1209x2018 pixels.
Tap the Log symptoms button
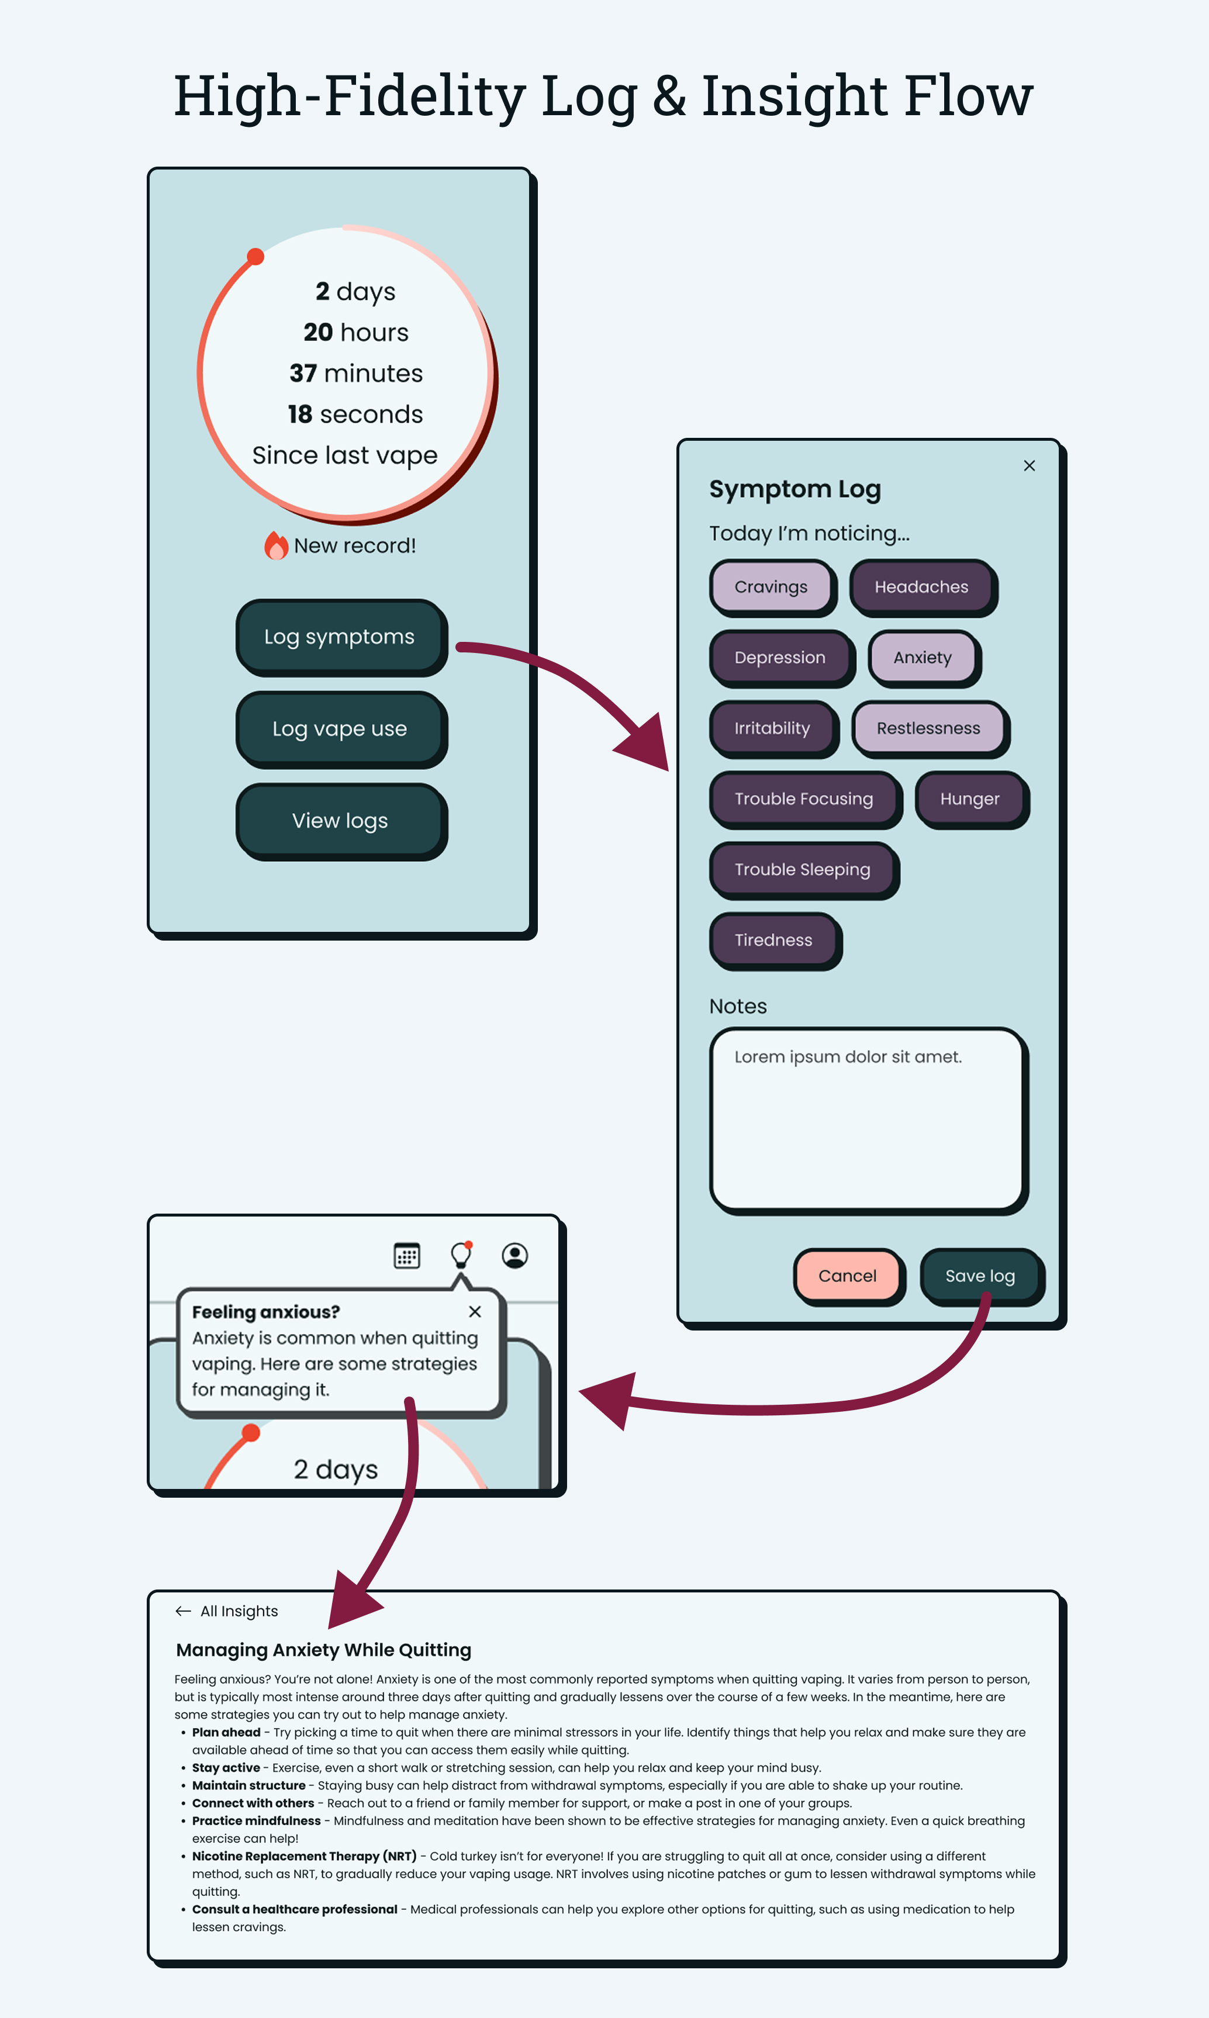tap(340, 636)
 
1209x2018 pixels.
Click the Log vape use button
tap(340, 728)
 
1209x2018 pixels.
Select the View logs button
tap(340, 820)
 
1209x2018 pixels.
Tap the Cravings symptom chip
tap(771, 586)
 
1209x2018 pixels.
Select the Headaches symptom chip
tap(921, 586)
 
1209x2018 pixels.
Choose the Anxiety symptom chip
tap(922, 658)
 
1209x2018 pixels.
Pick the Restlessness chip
tap(928, 728)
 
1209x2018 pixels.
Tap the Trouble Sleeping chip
tap(803, 869)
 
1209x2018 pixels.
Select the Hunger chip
tap(969, 799)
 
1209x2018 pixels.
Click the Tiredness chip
tap(773, 940)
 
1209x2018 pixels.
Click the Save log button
tap(979, 1276)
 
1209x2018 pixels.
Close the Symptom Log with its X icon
tap(1029, 466)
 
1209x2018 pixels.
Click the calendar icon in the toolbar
tap(406, 1256)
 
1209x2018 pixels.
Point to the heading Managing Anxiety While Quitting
tap(323, 1650)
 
